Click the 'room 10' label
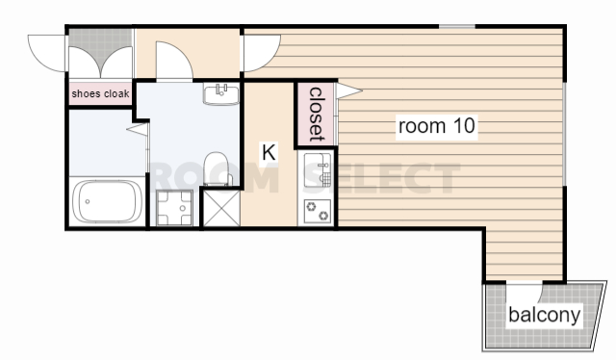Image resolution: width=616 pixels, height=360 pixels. [x=436, y=126]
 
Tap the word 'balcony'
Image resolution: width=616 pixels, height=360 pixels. [x=544, y=315]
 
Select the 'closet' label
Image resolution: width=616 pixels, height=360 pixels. [x=317, y=114]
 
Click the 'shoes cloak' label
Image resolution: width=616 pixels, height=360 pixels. [x=100, y=93]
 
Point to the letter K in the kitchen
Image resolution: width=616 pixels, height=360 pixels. [x=269, y=152]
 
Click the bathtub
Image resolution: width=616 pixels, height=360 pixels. [x=107, y=201]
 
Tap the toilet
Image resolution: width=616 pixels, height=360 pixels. [x=217, y=169]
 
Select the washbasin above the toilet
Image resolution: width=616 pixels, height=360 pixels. [x=221, y=94]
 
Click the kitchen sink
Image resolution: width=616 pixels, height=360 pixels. [x=318, y=170]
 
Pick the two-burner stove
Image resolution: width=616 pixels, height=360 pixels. [x=318, y=211]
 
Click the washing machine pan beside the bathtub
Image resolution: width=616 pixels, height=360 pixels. [x=175, y=208]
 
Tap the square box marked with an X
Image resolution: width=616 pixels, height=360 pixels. [x=221, y=208]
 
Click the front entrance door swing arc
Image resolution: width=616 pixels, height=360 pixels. [x=46, y=54]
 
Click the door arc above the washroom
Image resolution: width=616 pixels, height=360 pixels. [x=174, y=60]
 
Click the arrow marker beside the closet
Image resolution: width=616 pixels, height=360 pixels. [x=349, y=90]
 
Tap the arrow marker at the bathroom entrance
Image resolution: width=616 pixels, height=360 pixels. [x=138, y=129]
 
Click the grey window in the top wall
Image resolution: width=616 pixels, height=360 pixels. [x=457, y=27]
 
